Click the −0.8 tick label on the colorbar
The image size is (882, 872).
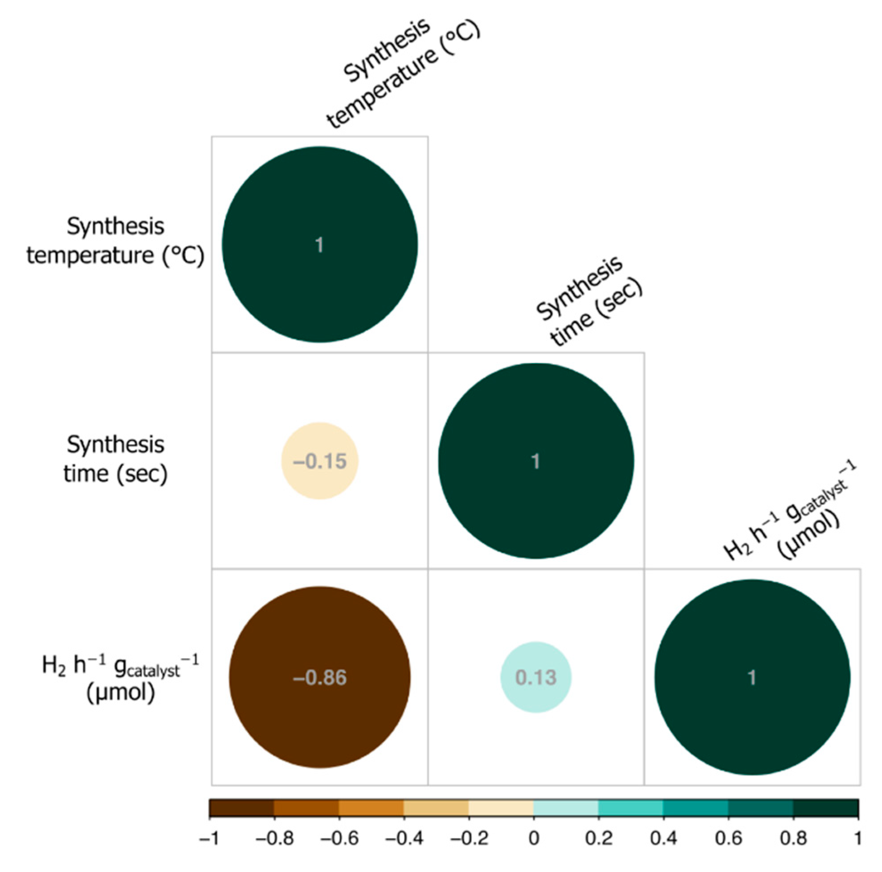click(274, 839)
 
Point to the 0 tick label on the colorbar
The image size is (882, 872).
click(534, 839)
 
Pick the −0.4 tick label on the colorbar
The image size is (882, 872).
click(404, 839)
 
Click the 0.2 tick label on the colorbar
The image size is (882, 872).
click(599, 839)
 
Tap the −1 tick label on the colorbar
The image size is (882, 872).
click(210, 839)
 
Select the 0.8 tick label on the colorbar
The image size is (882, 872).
click(793, 839)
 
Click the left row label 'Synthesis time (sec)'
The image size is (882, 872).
click(115, 459)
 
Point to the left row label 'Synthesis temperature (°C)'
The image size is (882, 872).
click(115, 241)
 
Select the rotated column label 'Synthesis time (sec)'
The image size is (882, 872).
click(589, 301)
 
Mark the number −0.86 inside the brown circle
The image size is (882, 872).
click(319, 678)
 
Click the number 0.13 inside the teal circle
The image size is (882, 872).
click(536, 678)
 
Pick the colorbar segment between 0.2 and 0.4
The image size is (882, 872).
click(630, 808)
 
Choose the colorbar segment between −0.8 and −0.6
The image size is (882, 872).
click(306, 808)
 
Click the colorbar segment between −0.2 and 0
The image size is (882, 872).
click(501, 808)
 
